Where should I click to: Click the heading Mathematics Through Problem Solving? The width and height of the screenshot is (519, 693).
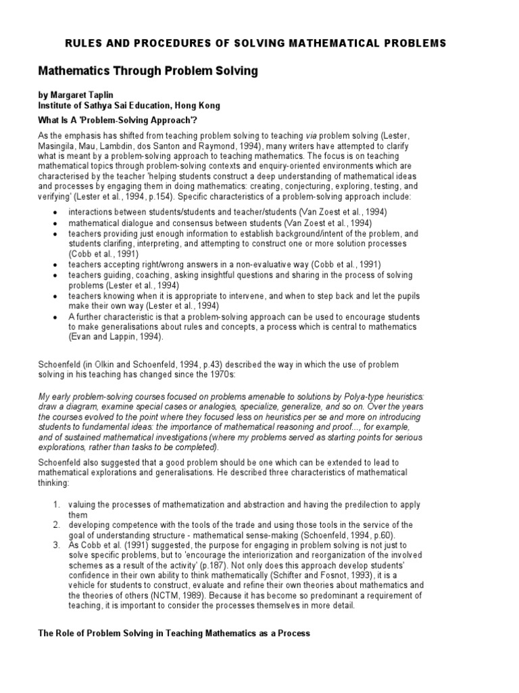[x=147, y=70]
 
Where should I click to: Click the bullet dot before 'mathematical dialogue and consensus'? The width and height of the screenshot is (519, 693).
[x=53, y=223]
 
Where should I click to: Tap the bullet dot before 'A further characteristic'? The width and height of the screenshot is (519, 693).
[x=53, y=317]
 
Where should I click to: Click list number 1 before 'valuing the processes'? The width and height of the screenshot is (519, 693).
[x=57, y=505]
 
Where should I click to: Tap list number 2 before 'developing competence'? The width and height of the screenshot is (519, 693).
[x=57, y=525]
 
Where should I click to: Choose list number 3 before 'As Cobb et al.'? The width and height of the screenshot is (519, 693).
[x=57, y=545]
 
